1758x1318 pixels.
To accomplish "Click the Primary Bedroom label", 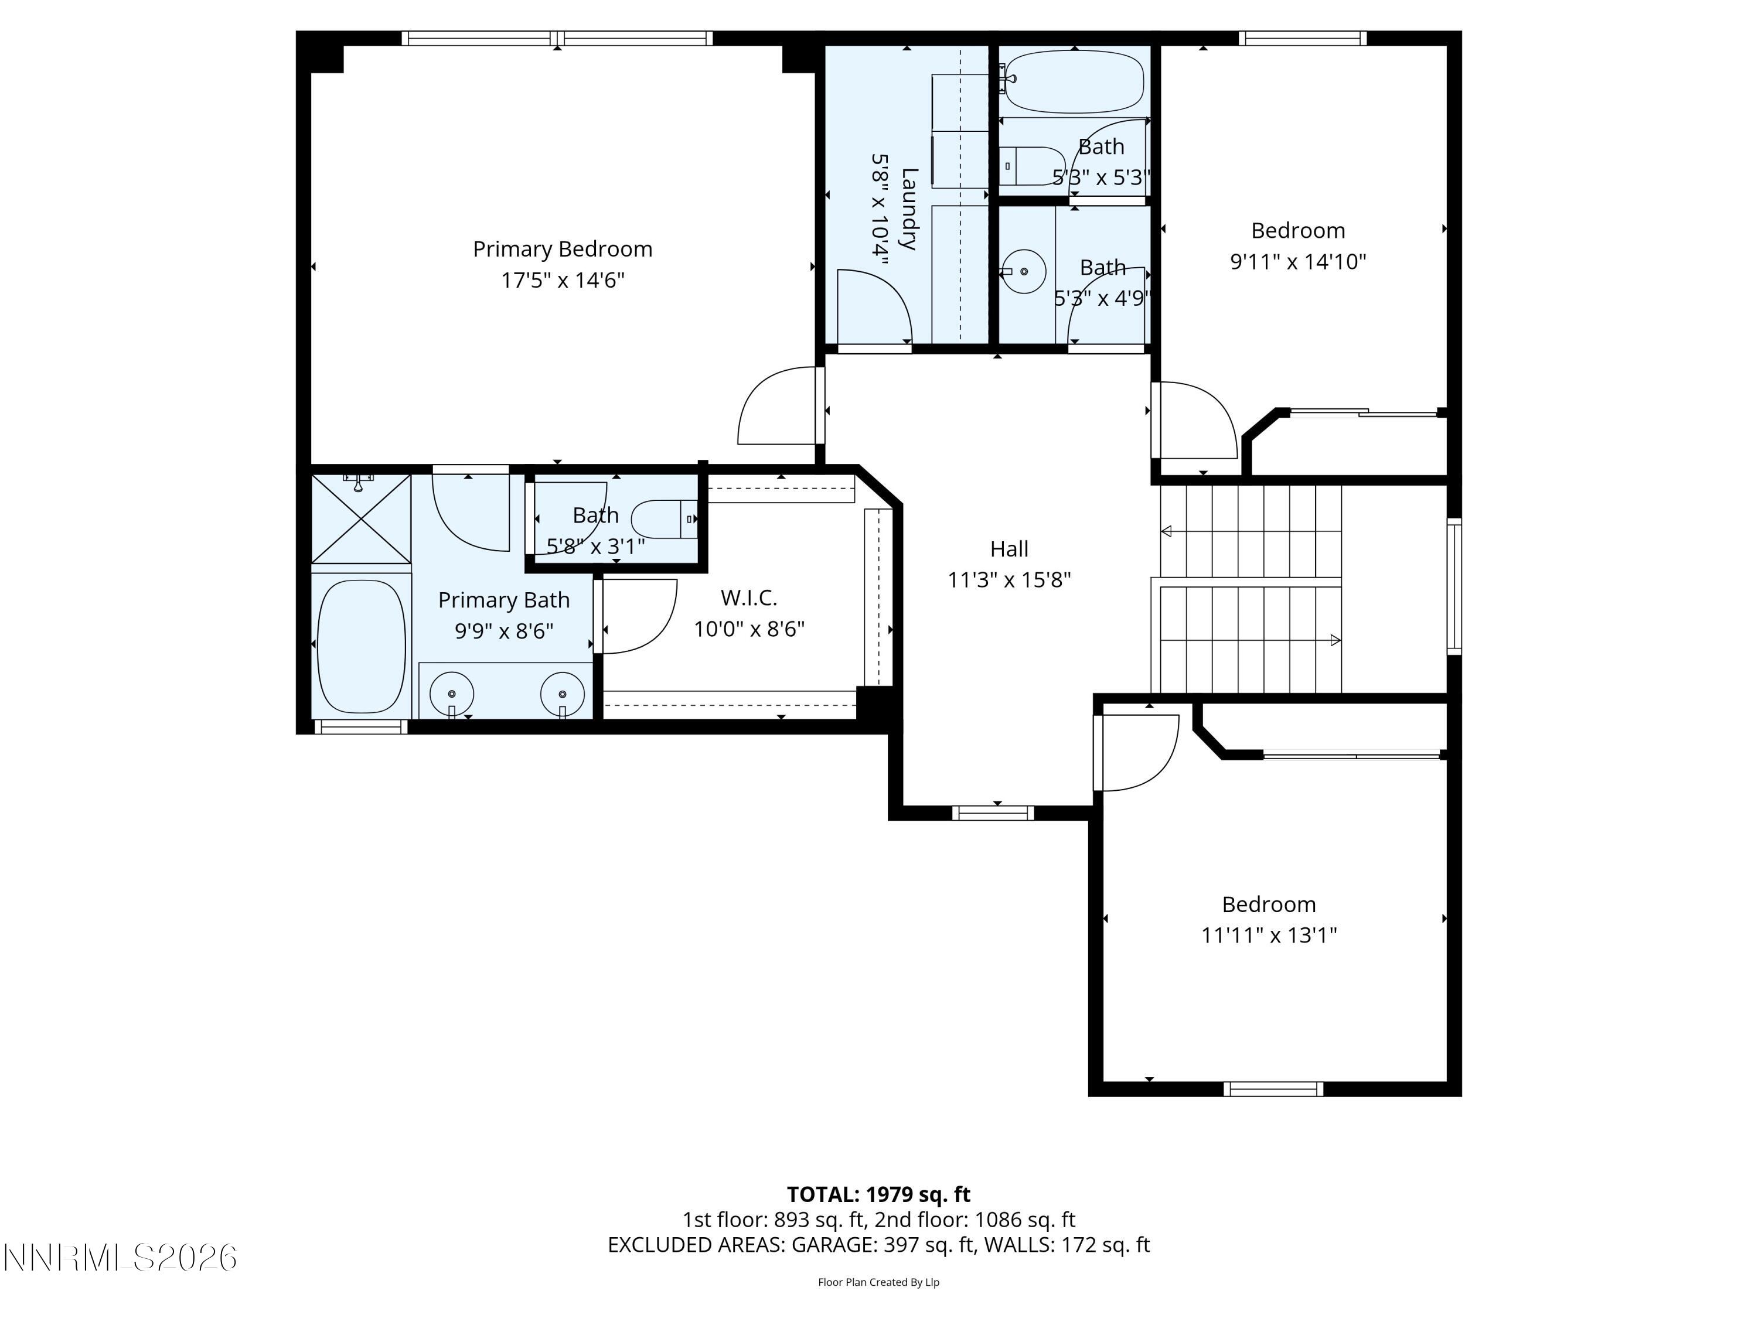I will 562,250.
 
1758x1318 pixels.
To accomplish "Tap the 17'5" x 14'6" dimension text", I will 562,281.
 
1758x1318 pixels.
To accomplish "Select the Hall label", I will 1009,549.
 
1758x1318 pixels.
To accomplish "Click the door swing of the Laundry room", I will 874,306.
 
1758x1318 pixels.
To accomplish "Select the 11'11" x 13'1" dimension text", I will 1269,935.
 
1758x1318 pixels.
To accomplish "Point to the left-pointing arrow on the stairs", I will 1166,531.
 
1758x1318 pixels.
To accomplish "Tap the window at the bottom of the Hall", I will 993,812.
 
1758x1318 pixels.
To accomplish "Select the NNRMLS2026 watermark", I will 120,1258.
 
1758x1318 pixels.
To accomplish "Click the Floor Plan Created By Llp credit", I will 878,1282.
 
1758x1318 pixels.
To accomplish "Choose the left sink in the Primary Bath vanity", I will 451,694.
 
